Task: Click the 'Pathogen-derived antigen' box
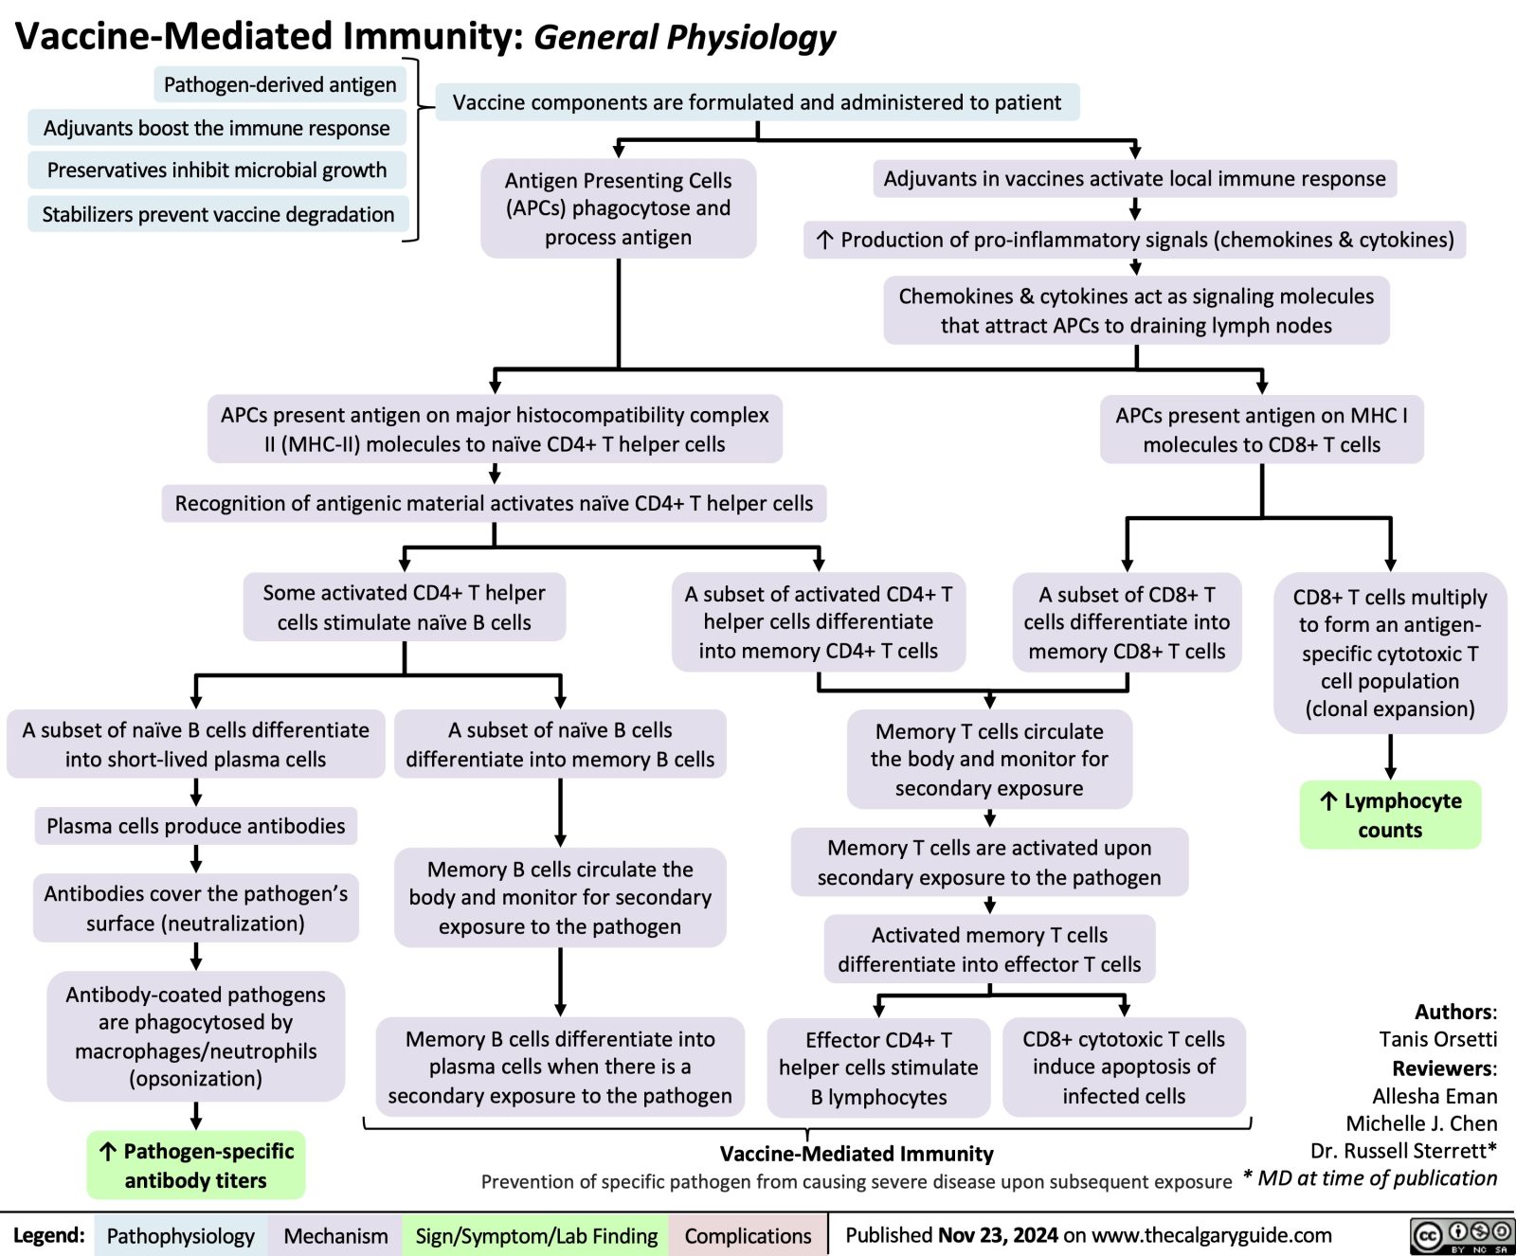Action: point(280,85)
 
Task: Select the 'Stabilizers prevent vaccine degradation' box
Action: point(218,214)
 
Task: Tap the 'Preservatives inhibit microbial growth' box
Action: point(217,170)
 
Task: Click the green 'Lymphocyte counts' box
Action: point(1390,815)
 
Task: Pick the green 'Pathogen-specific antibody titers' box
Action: point(196,1165)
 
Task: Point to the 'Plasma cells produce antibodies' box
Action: point(196,826)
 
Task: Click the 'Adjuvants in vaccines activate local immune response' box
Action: point(1134,179)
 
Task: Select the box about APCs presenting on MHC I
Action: point(1261,429)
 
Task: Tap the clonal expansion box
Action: point(1390,653)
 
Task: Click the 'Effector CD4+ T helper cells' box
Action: point(878,1068)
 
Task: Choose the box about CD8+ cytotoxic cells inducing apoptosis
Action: point(1124,1068)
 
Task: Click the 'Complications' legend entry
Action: point(748,1236)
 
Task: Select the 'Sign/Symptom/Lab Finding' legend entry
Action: point(536,1236)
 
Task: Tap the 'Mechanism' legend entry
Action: point(335,1236)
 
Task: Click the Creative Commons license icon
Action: point(1462,1236)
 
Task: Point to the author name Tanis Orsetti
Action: point(1437,1039)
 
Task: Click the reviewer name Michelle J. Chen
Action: point(1421,1123)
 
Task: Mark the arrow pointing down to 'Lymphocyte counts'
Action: point(1390,757)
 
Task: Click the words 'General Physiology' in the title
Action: point(684,37)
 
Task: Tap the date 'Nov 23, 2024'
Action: point(998,1235)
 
